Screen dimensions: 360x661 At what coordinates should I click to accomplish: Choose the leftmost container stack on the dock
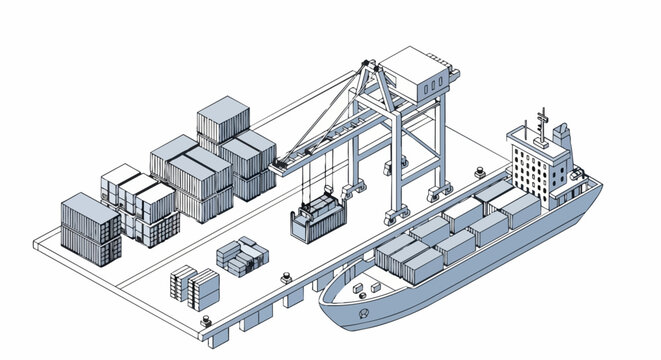90,226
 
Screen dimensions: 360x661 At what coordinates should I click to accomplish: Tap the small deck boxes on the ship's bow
364,287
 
